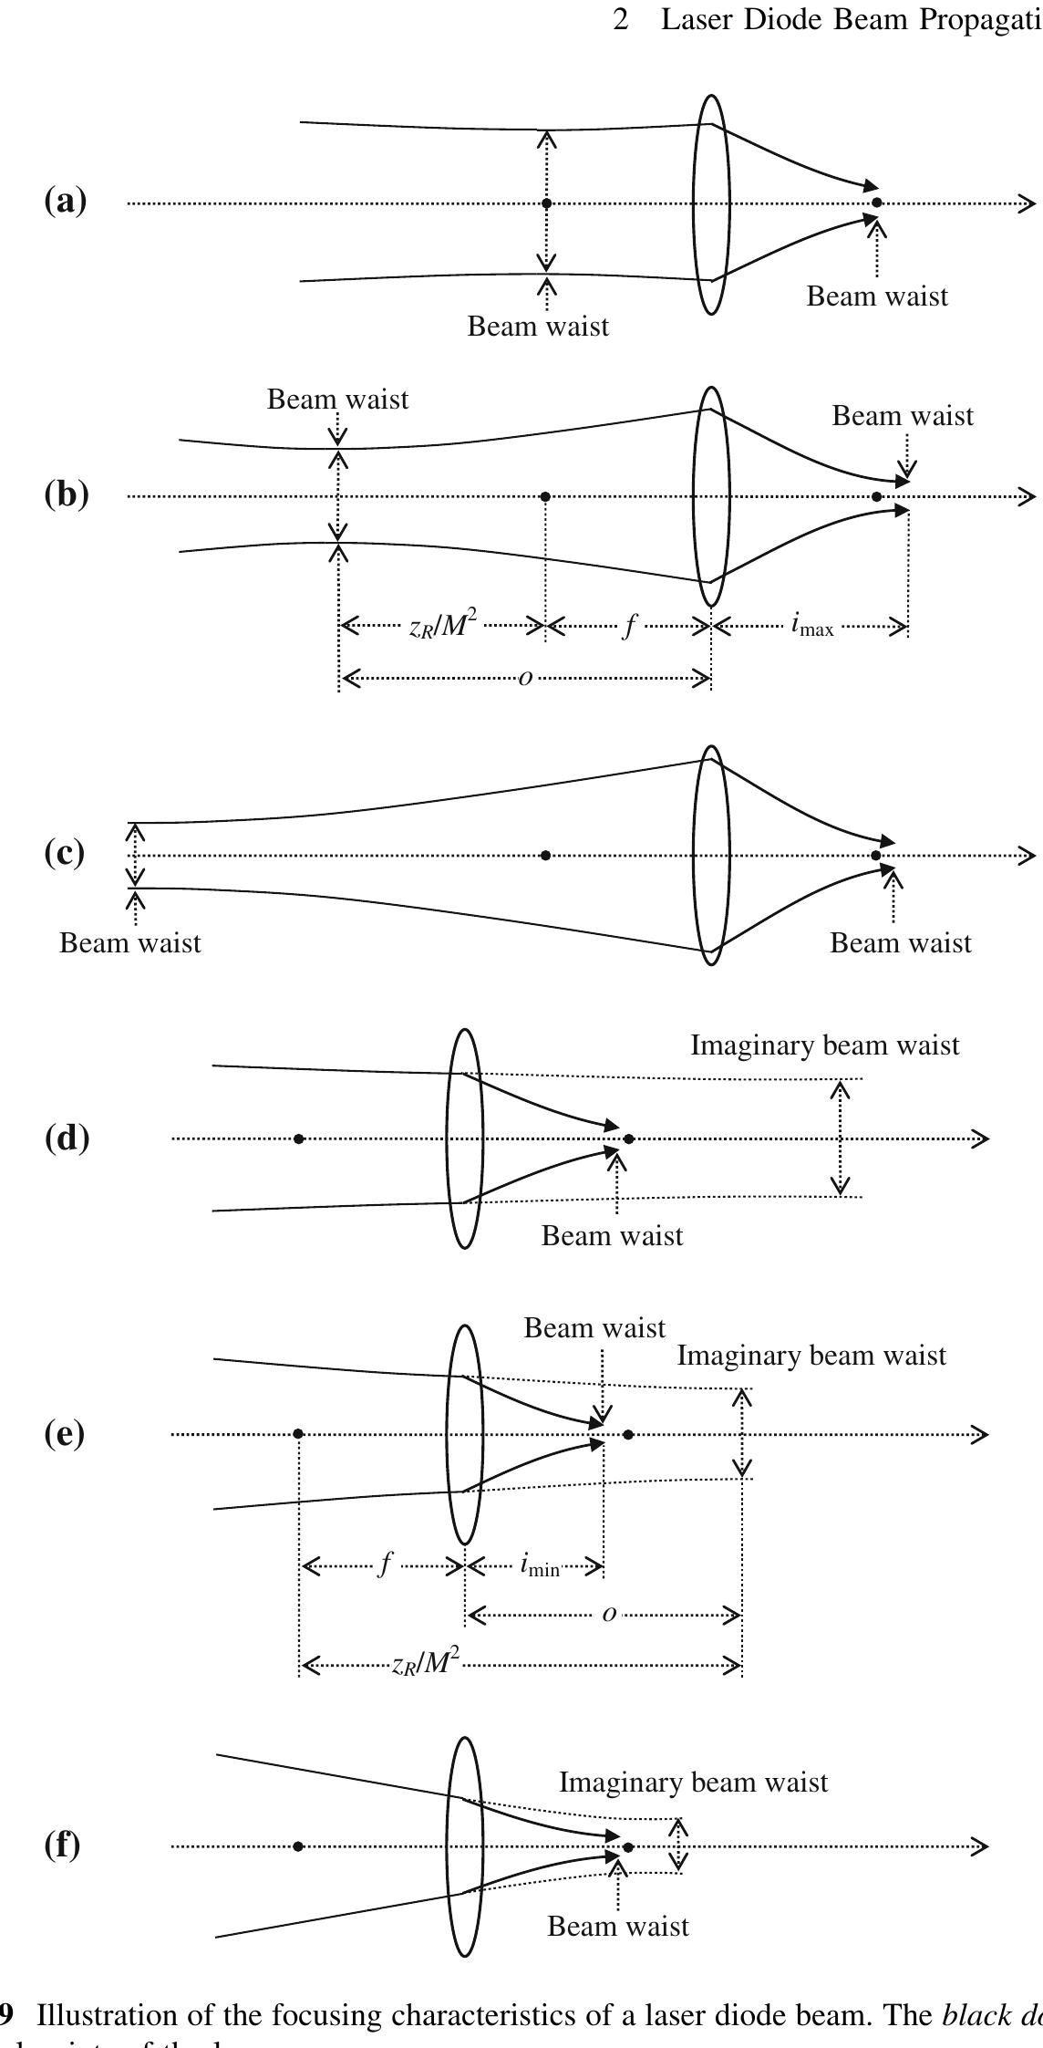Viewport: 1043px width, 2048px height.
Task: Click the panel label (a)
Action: click(x=66, y=201)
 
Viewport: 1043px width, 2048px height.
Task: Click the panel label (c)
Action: click(x=66, y=852)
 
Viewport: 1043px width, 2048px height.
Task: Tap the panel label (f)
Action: click(x=63, y=1845)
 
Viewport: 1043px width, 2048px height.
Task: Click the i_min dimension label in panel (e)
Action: click(x=539, y=1565)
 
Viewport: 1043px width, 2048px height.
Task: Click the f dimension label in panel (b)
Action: click(x=628, y=626)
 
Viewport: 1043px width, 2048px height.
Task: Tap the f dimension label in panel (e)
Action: click(x=386, y=1565)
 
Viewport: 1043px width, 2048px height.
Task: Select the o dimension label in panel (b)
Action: click(x=524, y=678)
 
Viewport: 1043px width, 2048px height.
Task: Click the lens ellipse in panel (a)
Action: click(x=710, y=203)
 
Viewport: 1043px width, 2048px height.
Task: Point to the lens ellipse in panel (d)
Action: click(x=464, y=1138)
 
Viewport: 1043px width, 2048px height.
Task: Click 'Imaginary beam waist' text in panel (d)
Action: click(x=824, y=1045)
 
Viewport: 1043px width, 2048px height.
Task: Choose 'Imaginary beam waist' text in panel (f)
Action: click(x=693, y=1782)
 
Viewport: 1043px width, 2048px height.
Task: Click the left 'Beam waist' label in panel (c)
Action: click(x=129, y=942)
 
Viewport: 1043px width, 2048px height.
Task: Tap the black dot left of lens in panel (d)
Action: click(x=299, y=1138)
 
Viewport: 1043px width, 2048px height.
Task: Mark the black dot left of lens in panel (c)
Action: click(x=545, y=855)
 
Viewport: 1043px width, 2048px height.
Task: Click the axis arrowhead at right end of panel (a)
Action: click(x=1028, y=203)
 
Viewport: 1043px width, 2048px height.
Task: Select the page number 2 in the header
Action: click(x=621, y=20)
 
